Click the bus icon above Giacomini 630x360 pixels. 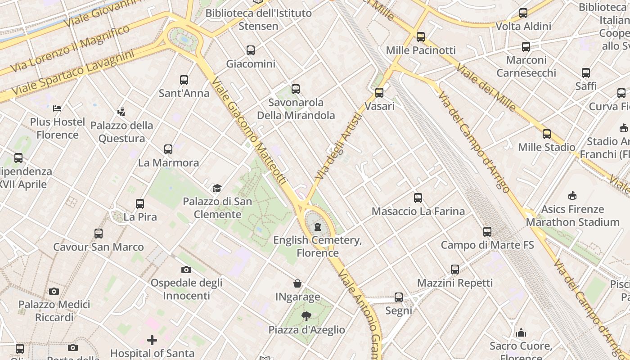(251, 50)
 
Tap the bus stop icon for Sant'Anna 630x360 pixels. (184, 80)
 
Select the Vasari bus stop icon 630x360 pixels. (379, 93)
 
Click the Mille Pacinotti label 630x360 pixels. (421, 50)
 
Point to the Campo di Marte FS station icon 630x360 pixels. (487, 232)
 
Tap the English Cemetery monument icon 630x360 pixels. (318, 226)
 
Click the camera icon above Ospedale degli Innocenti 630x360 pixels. (186, 270)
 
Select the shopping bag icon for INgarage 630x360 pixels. (297, 283)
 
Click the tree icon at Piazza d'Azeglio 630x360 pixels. (306, 316)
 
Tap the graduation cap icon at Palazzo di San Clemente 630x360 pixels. (217, 188)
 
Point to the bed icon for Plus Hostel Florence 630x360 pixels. (57, 108)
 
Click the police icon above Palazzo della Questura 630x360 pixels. (121, 112)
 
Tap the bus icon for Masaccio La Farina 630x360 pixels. (418, 198)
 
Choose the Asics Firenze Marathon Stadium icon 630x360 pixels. (572, 196)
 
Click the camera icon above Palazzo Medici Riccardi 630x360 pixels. (54, 291)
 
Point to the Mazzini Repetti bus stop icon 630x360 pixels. (455, 270)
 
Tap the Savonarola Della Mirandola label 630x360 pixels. (296, 109)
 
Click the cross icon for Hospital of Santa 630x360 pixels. (152, 340)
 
